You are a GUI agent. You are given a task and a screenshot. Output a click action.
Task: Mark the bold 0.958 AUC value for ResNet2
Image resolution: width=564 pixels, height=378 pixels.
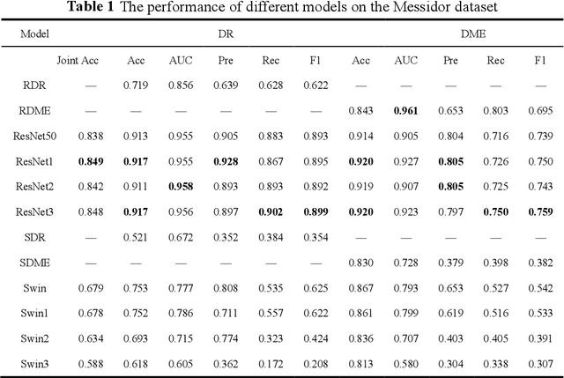click(181, 187)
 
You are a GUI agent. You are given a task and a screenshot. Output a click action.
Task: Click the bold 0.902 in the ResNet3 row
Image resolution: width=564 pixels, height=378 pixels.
click(271, 212)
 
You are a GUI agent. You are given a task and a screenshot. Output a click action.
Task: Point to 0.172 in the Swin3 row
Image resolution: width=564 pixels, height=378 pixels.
click(271, 364)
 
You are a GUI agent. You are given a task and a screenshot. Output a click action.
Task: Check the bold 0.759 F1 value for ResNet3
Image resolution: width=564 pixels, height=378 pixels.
click(539, 212)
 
